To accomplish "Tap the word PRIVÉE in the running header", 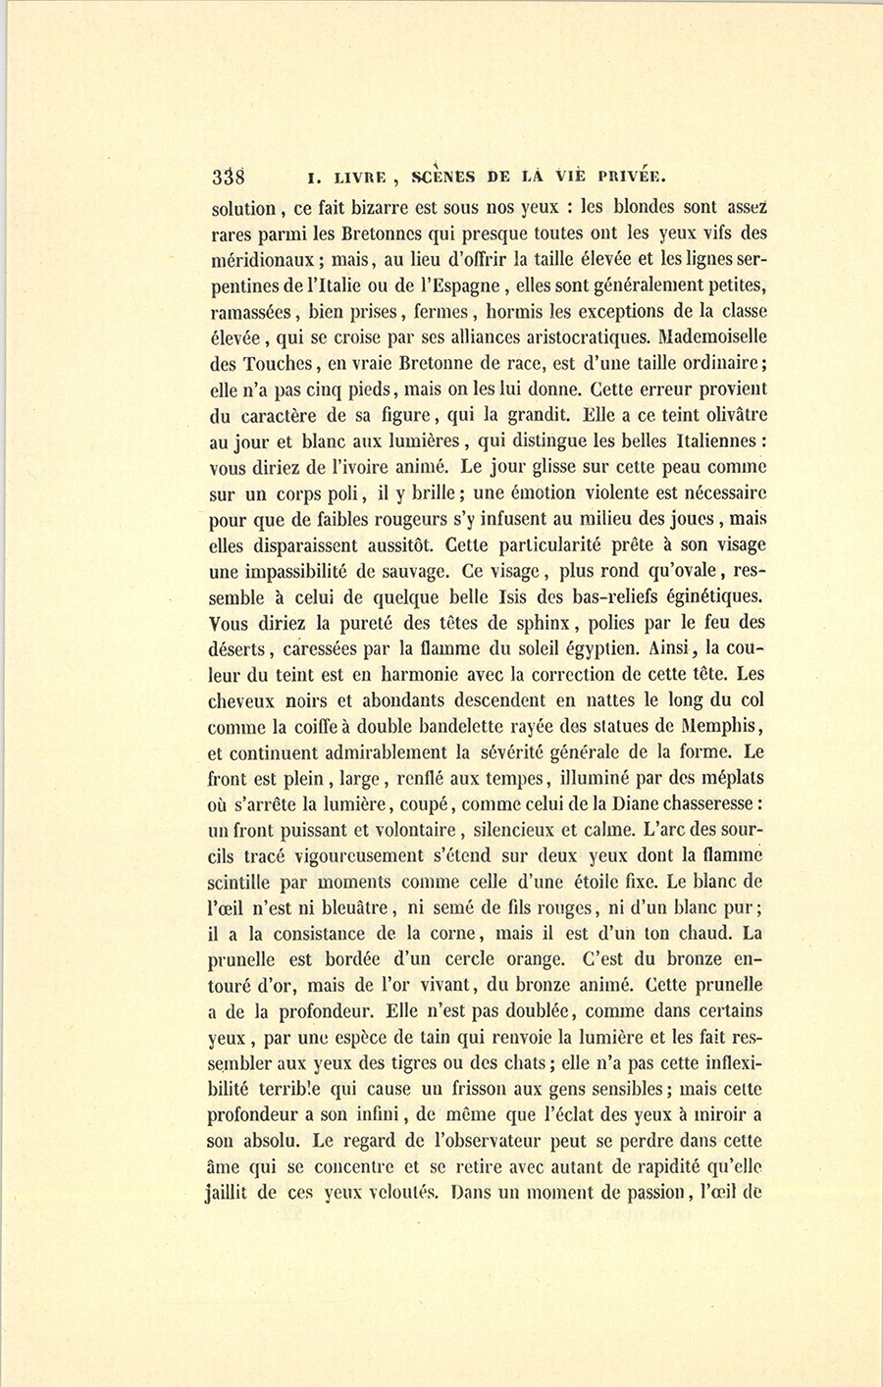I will (x=627, y=178).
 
